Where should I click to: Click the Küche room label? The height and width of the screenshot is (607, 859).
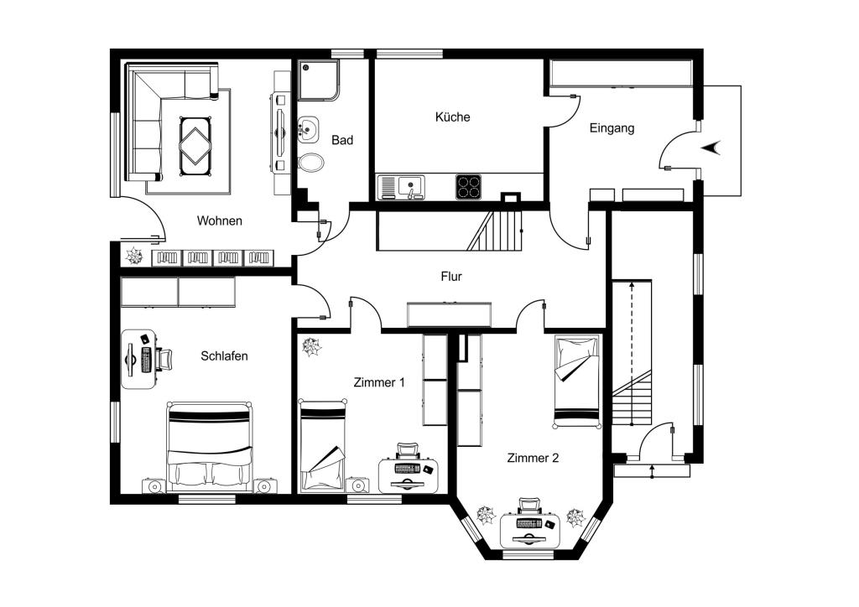[x=452, y=117]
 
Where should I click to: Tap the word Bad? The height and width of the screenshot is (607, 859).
[x=342, y=140]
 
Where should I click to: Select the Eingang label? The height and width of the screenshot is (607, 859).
[x=612, y=128]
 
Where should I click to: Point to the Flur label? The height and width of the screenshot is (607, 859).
[x=451, y=277]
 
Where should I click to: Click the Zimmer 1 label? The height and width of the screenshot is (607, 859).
[x=379, y=382]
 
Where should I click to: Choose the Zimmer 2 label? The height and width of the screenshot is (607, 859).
[x=533, y=458]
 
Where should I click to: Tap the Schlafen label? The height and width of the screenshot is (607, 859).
[x=224, y=355]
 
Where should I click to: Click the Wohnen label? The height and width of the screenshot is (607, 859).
[x=219, y=220]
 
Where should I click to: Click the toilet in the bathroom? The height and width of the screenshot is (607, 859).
[x=310, y=163]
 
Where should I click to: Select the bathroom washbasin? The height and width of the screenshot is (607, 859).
[x=309, y=130]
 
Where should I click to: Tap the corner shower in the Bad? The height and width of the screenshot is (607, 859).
[x=318, y=80]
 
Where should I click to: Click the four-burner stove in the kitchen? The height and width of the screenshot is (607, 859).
[x=468, y=187]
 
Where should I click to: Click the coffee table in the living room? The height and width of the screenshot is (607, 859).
[x=195, y=146]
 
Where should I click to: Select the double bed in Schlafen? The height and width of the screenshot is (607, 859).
[x=210, y=447]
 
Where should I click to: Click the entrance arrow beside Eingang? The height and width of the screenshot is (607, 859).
[x=711, y=148]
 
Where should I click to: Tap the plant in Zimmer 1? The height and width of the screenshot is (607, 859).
[x=312, y=346]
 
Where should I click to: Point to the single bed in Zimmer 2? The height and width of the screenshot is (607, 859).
[x=577, y=381]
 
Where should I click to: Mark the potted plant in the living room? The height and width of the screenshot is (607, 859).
[x=134, y=256]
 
